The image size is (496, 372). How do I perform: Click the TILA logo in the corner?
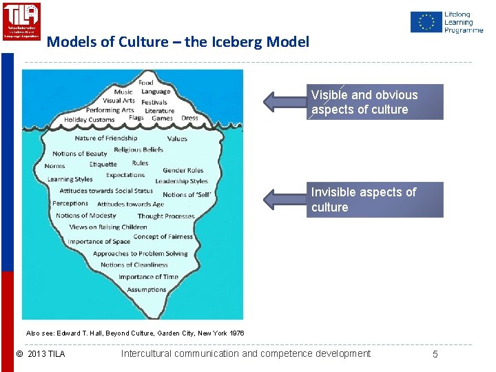21,21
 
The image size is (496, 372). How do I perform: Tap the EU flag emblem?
426,22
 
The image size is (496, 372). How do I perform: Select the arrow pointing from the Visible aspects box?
285,101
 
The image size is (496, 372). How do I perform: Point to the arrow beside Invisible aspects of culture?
285,200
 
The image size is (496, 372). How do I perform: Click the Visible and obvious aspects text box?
375,102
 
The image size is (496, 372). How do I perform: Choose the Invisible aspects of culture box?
375,200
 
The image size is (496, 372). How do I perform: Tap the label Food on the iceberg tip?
146,83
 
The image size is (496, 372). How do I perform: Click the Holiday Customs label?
89,120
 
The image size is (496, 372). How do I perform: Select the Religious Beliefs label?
138,149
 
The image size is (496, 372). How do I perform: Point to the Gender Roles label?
183,170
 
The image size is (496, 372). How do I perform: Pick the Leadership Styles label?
181,181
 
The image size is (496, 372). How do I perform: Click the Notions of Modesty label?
86,216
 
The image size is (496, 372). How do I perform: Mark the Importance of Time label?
148,277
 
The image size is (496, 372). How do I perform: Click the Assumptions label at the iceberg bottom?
147,290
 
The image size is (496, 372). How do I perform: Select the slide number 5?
435,354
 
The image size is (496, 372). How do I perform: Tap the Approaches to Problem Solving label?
141,254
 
